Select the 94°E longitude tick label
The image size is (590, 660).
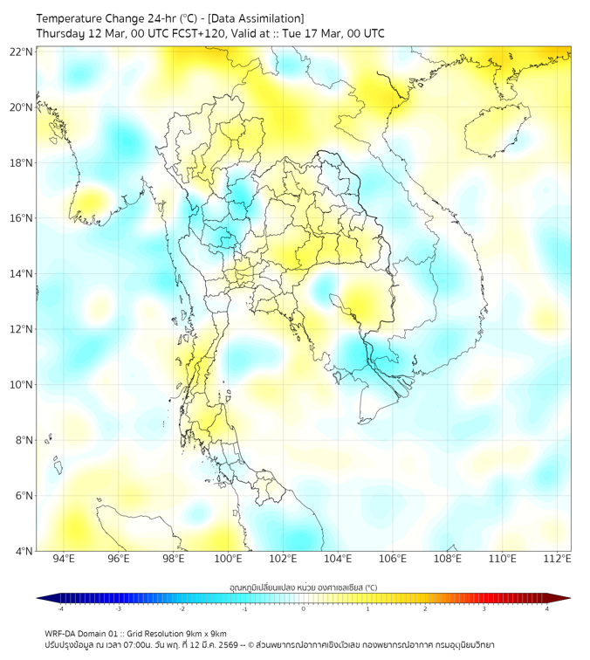click(64, 559)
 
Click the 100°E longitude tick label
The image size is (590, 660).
click(228, 559)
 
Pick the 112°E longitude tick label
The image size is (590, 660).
click(559, 559)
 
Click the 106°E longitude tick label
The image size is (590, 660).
click(393, 559)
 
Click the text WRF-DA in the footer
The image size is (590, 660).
click(61, 633)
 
